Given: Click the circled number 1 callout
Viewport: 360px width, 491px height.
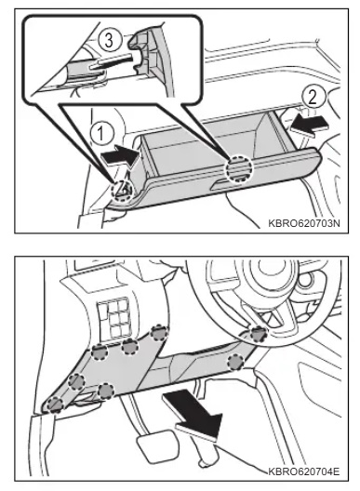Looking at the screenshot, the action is [x=100, y=134].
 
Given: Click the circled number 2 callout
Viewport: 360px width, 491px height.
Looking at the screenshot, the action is [x=313, y=97].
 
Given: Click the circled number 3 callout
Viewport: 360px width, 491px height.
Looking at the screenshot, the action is [x=109, y=40].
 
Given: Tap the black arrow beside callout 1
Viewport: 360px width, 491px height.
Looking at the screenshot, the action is [x=120, y=154].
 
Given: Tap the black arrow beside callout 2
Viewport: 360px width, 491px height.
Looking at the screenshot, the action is [x=309, y=125].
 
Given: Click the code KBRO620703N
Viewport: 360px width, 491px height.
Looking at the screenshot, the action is [x=304, y=223].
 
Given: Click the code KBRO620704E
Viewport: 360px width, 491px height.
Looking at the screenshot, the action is [x=304, y=471].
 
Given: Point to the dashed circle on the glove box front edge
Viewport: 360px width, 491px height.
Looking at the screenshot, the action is [x=239, y=169].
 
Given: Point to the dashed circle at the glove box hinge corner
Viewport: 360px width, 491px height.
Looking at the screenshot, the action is [x=123, y=190].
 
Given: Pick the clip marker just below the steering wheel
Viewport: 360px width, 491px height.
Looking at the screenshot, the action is [x=260, y=334].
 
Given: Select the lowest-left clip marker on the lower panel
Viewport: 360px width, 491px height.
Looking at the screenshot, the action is [x=56, y=405].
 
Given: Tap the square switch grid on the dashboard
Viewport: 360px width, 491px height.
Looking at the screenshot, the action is [x=114, y=315].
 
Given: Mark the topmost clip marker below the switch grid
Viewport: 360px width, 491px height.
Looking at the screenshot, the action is [x=159, y=333].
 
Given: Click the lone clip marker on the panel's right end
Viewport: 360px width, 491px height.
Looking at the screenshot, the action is [x=235, y=362].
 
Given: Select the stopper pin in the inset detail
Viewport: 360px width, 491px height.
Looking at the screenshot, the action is [x=113, y=62].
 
